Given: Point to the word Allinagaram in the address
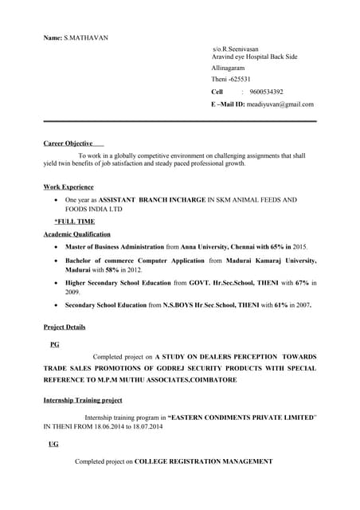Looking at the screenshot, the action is (x=229, y=69).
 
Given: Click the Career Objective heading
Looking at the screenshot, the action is (x=68, y=143).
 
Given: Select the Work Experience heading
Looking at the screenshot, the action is (x=68, y=187).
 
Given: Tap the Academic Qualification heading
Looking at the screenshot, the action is (x=77, y=234).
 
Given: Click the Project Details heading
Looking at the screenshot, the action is (x=65, y=327).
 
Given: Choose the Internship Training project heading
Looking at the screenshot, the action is (x=83, y=399).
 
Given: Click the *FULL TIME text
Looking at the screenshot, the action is (x=74, y=221).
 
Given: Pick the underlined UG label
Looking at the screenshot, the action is (x=53, y=444).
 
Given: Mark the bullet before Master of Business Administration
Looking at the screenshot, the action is (x=54, y=249).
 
